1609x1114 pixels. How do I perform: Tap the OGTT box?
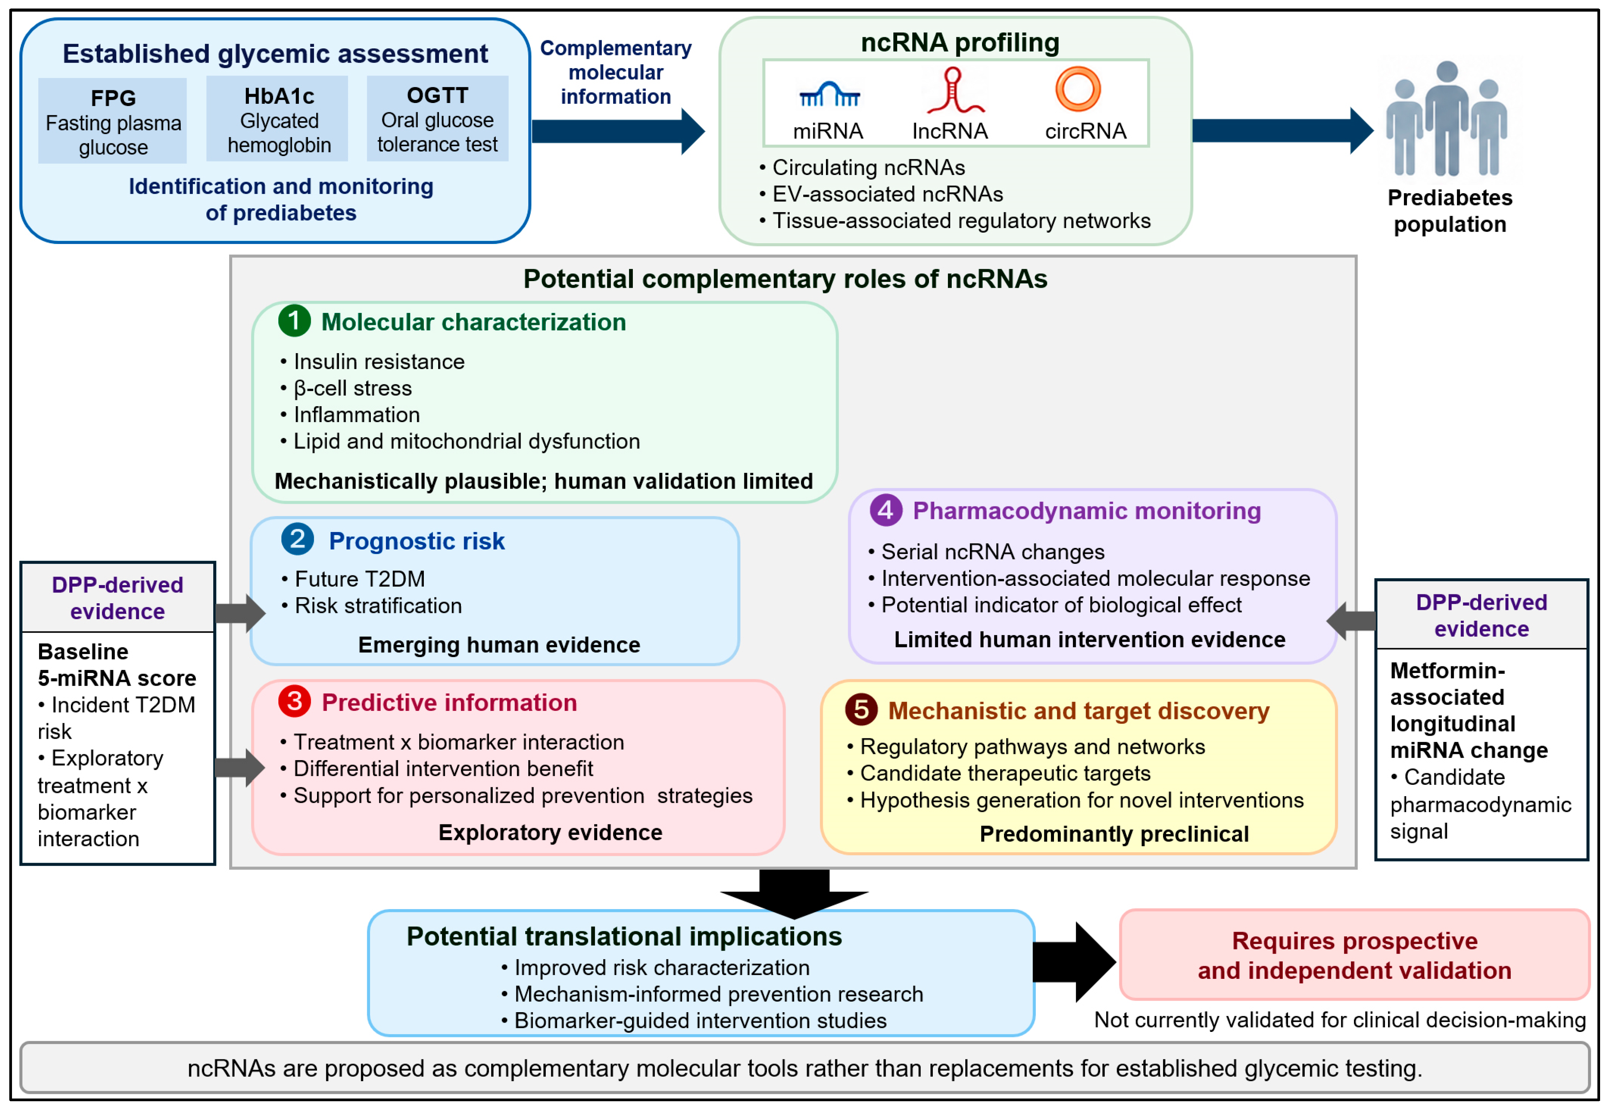(437, 118)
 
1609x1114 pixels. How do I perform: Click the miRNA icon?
(829, 94)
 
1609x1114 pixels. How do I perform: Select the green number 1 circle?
(295, 321)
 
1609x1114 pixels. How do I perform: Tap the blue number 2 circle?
(297, 539)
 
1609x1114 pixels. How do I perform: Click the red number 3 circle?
(295, 701)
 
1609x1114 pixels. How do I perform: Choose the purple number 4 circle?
(886, 510)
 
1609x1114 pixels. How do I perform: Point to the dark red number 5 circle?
(862, 709)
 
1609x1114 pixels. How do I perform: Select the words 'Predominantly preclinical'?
(1114, 834)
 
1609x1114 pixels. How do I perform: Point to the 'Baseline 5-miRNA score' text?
(117, 664)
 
